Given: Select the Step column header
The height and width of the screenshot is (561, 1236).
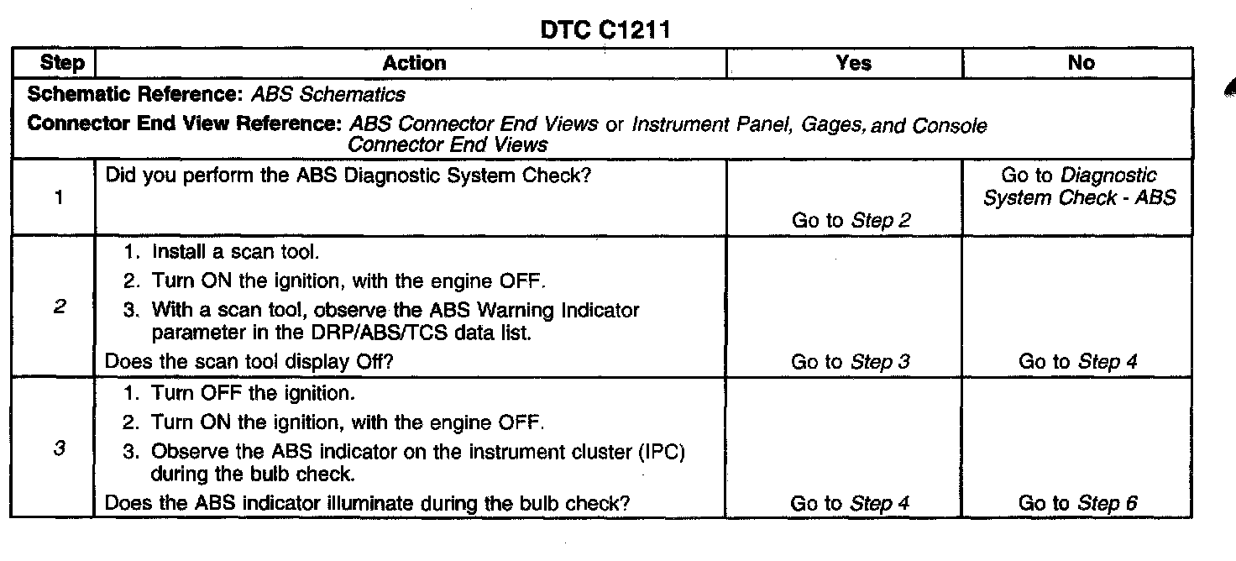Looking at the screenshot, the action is tap(62, 63).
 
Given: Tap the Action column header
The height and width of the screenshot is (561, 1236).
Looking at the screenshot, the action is tap(414, 63).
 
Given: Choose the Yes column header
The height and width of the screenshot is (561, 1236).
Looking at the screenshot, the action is tap(854, 63).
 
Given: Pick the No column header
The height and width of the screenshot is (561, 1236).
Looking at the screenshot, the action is tap(1081, 63).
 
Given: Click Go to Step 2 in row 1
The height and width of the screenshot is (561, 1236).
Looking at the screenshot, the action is tap(851, 221).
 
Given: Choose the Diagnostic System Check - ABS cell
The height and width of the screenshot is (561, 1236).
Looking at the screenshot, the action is tap(1079, 187).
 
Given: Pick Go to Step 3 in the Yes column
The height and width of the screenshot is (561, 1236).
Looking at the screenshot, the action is tap(851, 362).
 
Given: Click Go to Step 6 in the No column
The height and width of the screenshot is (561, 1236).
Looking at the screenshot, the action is tap(1079, 503).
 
